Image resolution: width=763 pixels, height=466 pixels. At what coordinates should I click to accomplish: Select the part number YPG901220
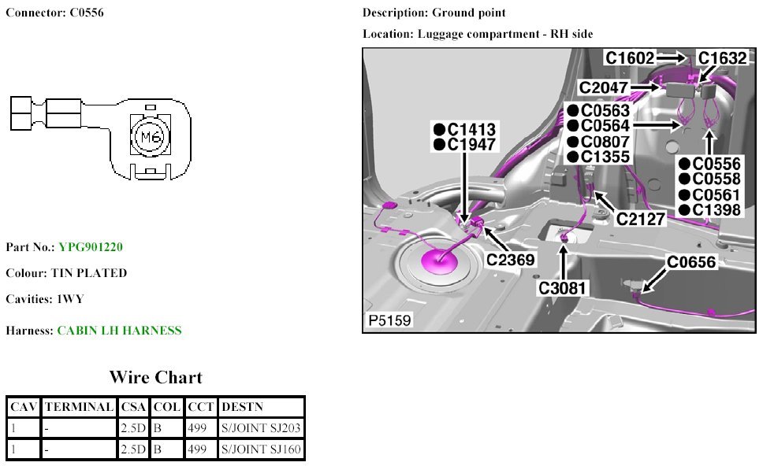coord(91,247)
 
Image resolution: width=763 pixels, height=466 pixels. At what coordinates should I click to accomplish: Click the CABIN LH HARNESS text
coord(119,331)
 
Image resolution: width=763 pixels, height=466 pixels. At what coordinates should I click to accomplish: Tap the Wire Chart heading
coord(155,377)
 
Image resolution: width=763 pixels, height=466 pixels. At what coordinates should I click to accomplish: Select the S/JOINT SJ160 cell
coord(261,450)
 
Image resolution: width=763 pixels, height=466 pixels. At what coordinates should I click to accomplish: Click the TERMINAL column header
coord(79,407)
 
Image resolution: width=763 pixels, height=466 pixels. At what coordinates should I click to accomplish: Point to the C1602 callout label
coord(630,57)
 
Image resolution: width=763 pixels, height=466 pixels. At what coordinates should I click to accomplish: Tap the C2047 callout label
coord(604,87)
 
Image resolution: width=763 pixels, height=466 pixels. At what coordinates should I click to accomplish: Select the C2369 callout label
coord(510,259)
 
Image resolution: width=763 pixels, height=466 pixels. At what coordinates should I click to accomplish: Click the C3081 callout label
coord(563,287)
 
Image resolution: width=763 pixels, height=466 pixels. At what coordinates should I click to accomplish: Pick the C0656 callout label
coord(691,262)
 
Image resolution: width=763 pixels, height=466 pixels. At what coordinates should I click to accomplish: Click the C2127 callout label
coord(641,220)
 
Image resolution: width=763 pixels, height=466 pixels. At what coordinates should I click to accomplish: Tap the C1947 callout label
coord(471,144)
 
